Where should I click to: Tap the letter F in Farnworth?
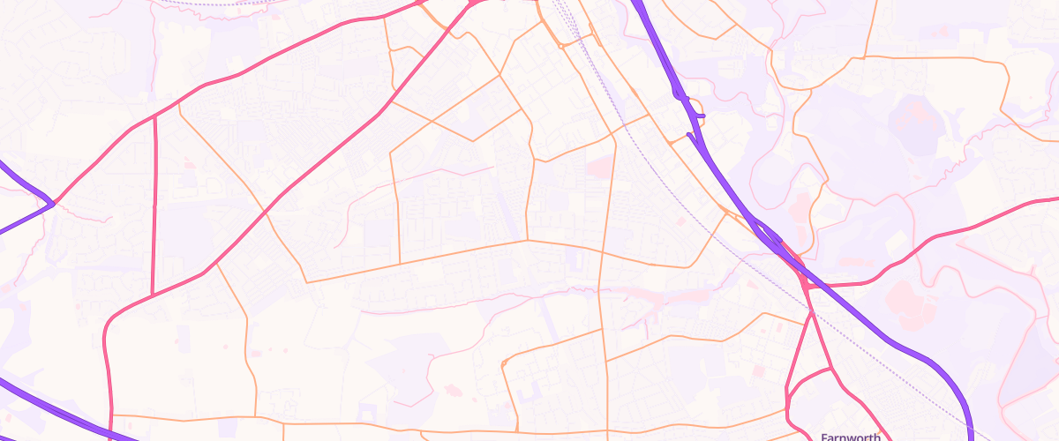[824, 436]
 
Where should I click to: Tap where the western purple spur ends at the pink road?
[54, 204]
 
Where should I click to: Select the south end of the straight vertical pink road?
[154, 295]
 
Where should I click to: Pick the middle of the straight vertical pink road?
[154, 206]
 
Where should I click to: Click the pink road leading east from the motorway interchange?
[927, 238]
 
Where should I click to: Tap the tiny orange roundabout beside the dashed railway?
[561, 42]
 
